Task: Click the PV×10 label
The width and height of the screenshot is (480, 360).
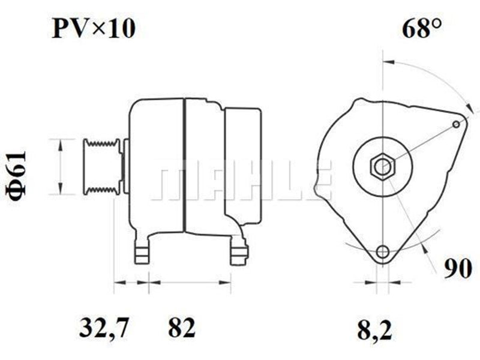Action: tap(94, 28)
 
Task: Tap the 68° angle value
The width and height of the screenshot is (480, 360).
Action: tap(422, 28)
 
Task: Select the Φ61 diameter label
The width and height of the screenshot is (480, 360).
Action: tap(16, 176)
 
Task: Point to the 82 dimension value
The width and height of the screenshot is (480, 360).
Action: tap(182, 327)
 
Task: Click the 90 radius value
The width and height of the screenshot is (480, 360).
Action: tap(458, 268)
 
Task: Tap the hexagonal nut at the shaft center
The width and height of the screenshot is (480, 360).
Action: tap(383, 167)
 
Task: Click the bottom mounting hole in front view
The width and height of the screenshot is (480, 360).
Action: tap(383, 251)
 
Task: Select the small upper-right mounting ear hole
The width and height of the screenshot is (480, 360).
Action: tap(456, 124)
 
